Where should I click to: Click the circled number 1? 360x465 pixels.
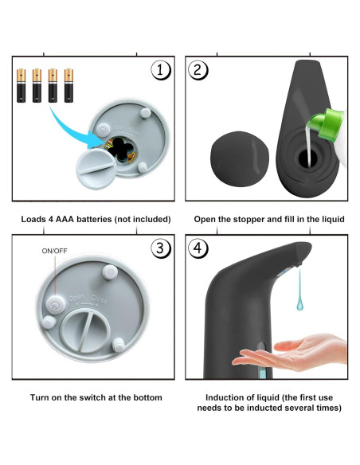coord(161,71)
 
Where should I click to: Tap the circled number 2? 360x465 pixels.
coord(198,70)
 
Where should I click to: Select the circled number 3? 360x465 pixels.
coord(161,248)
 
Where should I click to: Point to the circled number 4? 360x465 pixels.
coord(198,248)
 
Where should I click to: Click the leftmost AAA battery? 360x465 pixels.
coord(21,86)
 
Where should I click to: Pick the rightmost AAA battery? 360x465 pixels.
coord(68,86)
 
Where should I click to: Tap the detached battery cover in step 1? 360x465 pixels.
coord(96,169)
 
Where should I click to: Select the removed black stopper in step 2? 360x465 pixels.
coord(240,159)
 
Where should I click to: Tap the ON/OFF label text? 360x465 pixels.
coord(55,251)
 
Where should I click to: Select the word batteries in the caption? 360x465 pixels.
coord(94,219)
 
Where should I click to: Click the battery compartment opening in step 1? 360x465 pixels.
coord(120,149)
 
